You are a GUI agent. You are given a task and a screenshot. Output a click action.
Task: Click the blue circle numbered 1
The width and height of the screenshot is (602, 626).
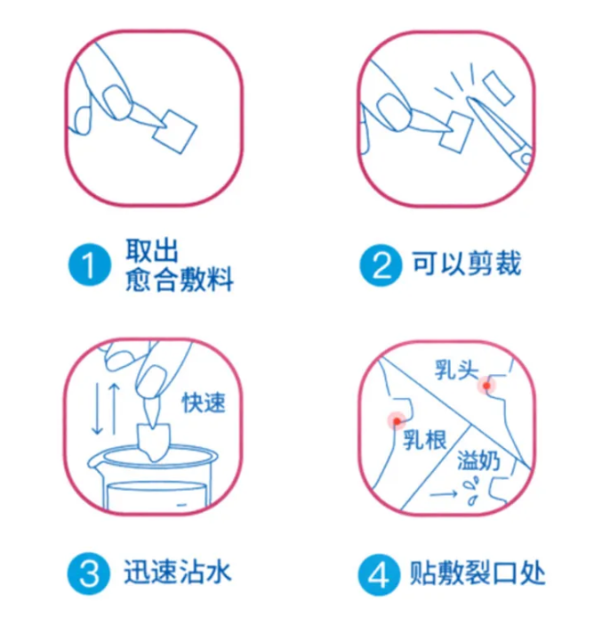coord(89,265)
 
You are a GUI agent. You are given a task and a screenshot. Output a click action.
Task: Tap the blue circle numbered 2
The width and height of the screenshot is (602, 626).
coord(381,265)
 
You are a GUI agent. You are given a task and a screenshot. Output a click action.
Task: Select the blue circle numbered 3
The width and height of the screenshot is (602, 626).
coord(89,573)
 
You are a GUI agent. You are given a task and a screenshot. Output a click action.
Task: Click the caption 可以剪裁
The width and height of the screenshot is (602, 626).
coord(467,264)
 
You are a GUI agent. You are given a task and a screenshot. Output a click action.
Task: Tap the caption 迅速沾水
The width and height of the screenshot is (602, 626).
coord(177,573)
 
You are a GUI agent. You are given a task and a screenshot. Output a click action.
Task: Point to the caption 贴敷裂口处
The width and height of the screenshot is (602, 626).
coord(478,573)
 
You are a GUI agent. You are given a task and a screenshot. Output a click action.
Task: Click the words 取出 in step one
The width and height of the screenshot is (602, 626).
coord(152,251)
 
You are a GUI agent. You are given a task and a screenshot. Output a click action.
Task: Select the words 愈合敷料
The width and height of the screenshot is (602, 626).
coord(179,280)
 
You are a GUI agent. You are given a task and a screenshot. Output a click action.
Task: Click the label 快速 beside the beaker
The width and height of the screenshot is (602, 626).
coord(204,402)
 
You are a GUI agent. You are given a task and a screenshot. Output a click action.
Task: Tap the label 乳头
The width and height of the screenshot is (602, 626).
coord(456,370)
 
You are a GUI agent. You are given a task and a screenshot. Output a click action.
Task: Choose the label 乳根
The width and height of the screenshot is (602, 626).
coord(424,440)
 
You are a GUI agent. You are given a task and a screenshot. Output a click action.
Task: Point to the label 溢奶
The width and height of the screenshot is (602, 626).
coord(478,460)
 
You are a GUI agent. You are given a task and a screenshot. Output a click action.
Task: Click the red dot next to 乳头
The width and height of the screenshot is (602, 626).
coord(486,386)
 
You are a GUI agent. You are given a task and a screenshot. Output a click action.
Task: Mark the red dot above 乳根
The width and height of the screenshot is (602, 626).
coord(397,421)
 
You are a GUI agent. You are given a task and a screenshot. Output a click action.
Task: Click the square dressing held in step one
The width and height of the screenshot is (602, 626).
coord(174,132)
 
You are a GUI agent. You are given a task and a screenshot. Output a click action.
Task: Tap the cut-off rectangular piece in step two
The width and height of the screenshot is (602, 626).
coord(498,88)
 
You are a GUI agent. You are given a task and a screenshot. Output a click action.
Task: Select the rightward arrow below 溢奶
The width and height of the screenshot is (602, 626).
coord(444,494)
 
